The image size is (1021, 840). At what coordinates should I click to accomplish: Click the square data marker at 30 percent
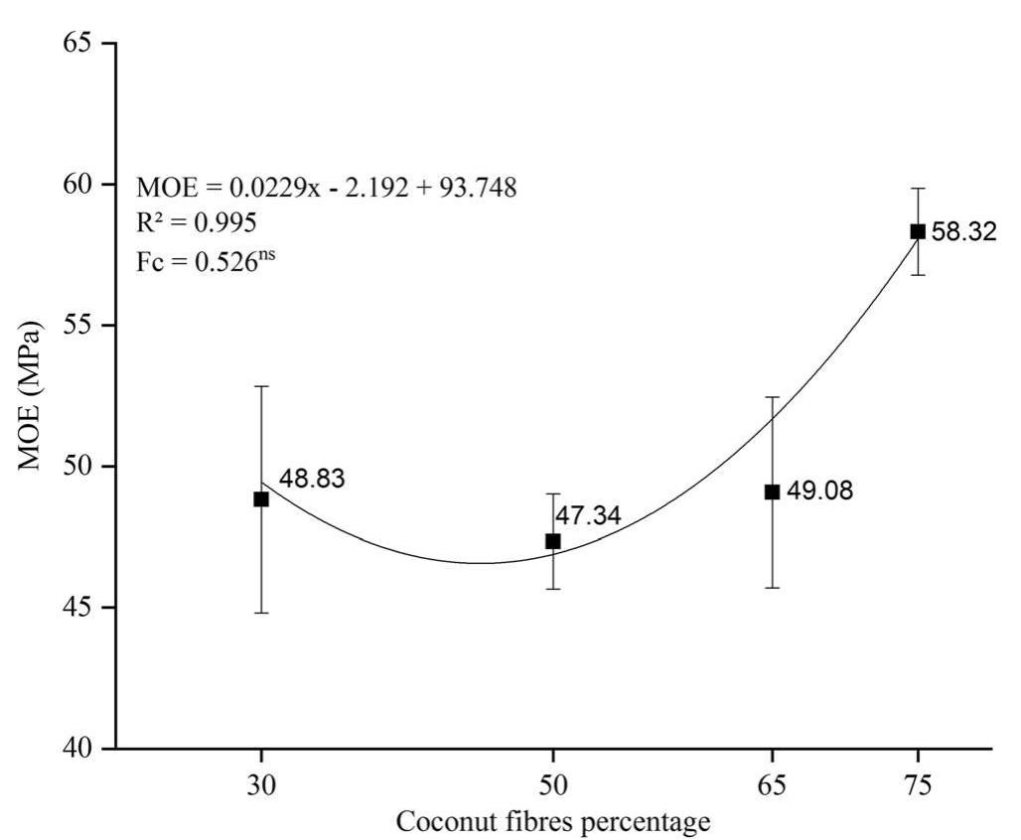(261, 498)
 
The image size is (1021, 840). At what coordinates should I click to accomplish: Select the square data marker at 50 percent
(553, 541)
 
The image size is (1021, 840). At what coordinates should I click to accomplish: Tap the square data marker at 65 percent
(772, 491)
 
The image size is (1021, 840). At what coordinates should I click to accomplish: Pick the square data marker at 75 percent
(918, 231)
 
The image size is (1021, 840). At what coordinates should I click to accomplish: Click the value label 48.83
(312, 479)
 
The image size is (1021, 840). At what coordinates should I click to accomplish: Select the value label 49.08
(819, 491)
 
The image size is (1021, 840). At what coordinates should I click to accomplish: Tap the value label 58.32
(963, 233)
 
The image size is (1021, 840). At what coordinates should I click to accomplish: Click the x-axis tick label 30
(261, 784)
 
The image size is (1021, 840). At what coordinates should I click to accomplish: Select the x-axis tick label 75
(918, 784)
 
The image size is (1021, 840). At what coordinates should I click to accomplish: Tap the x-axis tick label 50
(553, 784)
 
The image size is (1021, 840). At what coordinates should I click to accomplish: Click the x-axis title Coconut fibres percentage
(553, 822)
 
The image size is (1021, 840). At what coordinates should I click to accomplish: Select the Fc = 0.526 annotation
(205, 260)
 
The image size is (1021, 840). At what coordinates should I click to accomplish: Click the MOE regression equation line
(327, 188)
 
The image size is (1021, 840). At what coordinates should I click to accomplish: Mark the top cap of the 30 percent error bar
(261, 385)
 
